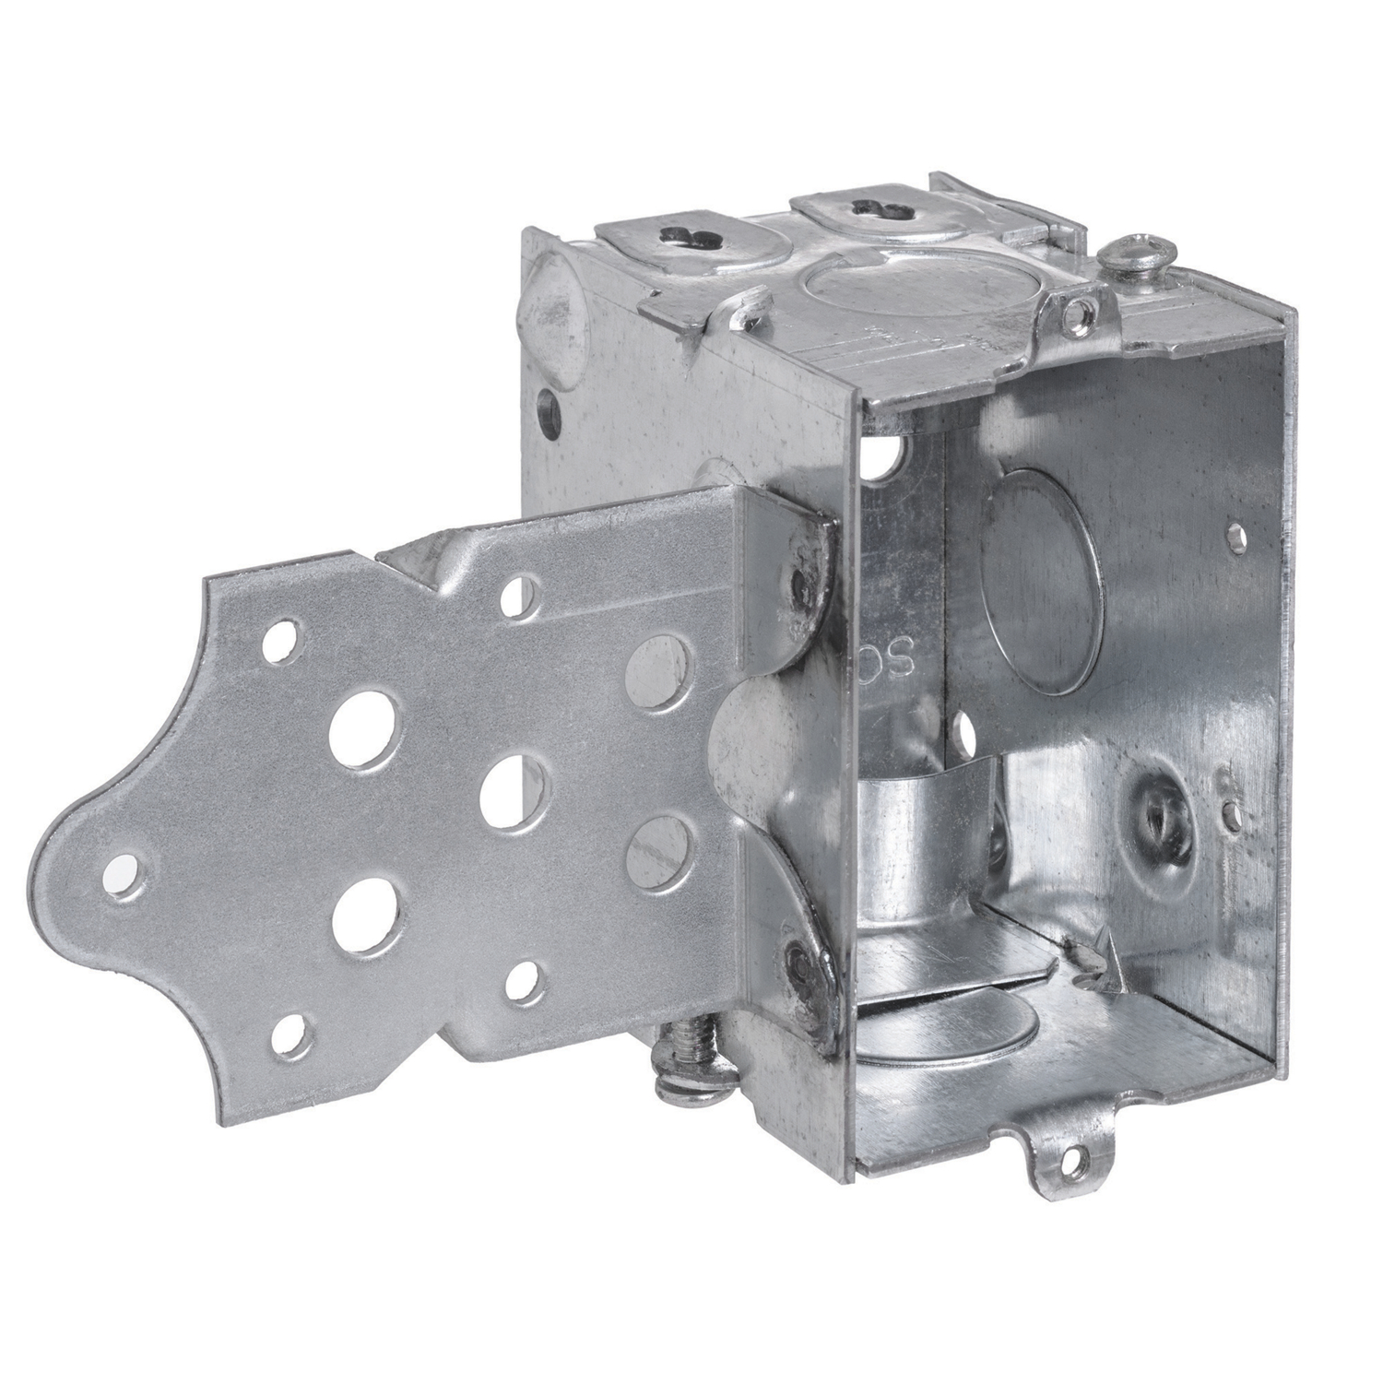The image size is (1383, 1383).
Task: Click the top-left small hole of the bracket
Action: point(274,636)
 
